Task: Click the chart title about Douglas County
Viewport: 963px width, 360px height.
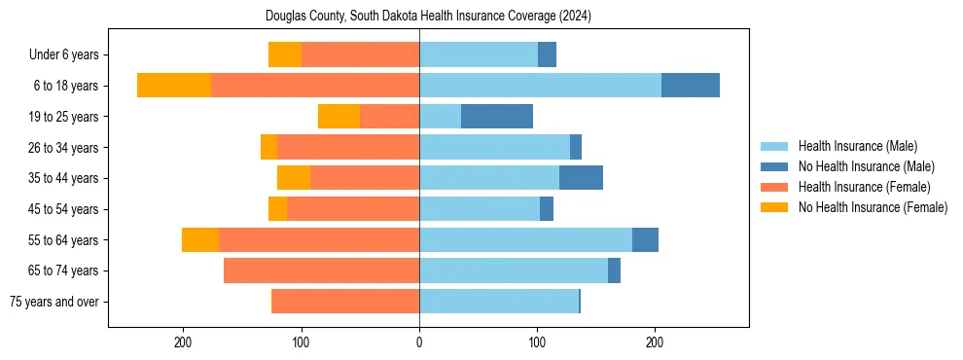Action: pos(428,17)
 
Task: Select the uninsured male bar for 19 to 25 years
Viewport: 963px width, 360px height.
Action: pos(497,117)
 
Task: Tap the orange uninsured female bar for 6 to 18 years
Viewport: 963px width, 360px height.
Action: pos(174,86)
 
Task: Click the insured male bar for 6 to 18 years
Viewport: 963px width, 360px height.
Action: pos(540,86)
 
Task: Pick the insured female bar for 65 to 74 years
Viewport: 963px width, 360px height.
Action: pos(321,270)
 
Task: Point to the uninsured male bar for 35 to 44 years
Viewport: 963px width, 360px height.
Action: pos(581,178)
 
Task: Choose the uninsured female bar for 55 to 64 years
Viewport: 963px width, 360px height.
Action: pos(200,240)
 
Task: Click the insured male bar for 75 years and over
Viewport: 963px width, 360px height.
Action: pos(499,302)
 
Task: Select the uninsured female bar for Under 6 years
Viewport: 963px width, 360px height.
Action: pos(285,54)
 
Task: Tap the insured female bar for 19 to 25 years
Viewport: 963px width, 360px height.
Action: pos(389,117)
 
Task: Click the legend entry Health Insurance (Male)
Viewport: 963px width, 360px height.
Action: pos(857,146)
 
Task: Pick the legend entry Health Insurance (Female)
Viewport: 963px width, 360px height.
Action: pos(864,187)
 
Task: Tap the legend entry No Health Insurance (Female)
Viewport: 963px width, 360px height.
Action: pos(872,207)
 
